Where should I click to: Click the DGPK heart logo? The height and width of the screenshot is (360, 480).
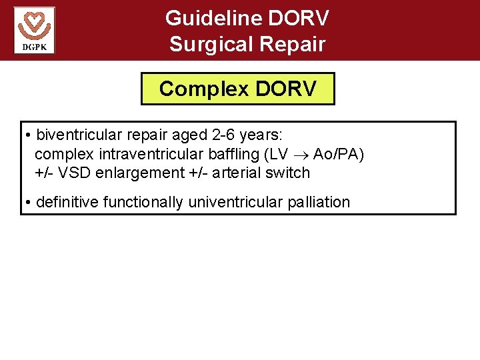[x=34, y=30]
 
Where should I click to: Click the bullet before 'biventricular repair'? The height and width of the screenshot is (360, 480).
[x=29, y=137]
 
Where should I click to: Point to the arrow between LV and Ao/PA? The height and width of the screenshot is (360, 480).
[x=300, y=155]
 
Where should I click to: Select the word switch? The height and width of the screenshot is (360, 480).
[x=290, y=173]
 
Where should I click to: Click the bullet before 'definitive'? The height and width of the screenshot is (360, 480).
[x=29, y=203]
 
